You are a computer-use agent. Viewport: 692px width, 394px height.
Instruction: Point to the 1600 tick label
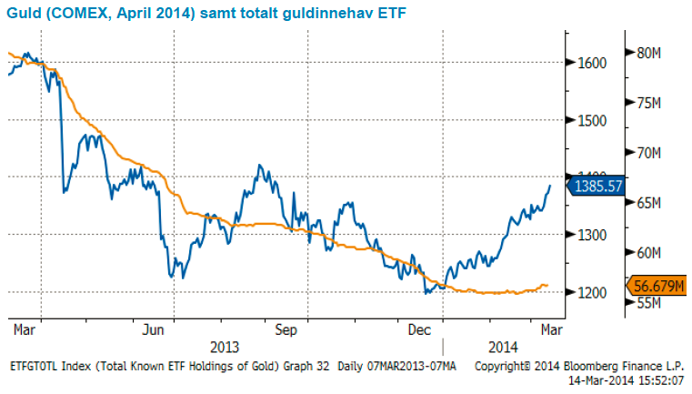tap(592, 63)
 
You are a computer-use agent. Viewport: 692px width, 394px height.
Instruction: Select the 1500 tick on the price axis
tap(592, 120)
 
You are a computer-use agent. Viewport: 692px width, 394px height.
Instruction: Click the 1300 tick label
tap(592, 235)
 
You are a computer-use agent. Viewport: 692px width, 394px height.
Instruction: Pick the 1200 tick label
tap(592, 292)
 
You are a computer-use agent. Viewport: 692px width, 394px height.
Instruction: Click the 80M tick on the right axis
tap(647, 53)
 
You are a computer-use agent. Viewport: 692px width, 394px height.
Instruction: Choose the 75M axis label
tap(647, 103)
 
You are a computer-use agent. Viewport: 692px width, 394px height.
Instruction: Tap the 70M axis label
tap(647, 153)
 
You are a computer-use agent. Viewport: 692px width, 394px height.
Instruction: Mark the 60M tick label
tap(647, 252)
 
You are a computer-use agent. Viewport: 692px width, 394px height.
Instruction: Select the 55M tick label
tap(647, 302)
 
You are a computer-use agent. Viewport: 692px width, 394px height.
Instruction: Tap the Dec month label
tap(419, 328)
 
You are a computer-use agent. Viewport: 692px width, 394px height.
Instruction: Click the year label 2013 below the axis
tap(225, 347)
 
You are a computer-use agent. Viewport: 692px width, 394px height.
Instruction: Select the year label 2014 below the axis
tap(503, 347)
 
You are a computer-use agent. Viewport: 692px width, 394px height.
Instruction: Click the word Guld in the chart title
tap(21, 11)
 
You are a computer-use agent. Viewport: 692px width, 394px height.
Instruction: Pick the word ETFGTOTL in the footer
tap(34, 366)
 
